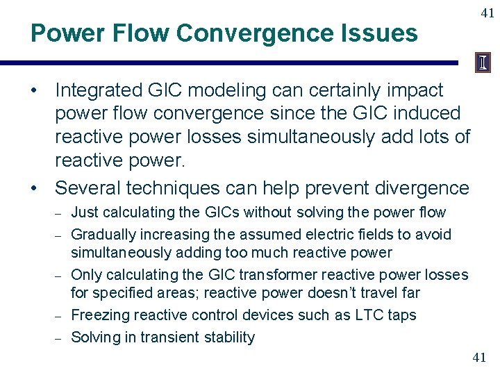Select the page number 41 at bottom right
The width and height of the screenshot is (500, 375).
click(x=479, y=358)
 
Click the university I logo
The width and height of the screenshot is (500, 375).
click(x=483, y=63)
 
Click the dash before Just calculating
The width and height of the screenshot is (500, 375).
click(x=60, y=213)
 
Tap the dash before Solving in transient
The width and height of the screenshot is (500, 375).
click(x=60, y=338)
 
